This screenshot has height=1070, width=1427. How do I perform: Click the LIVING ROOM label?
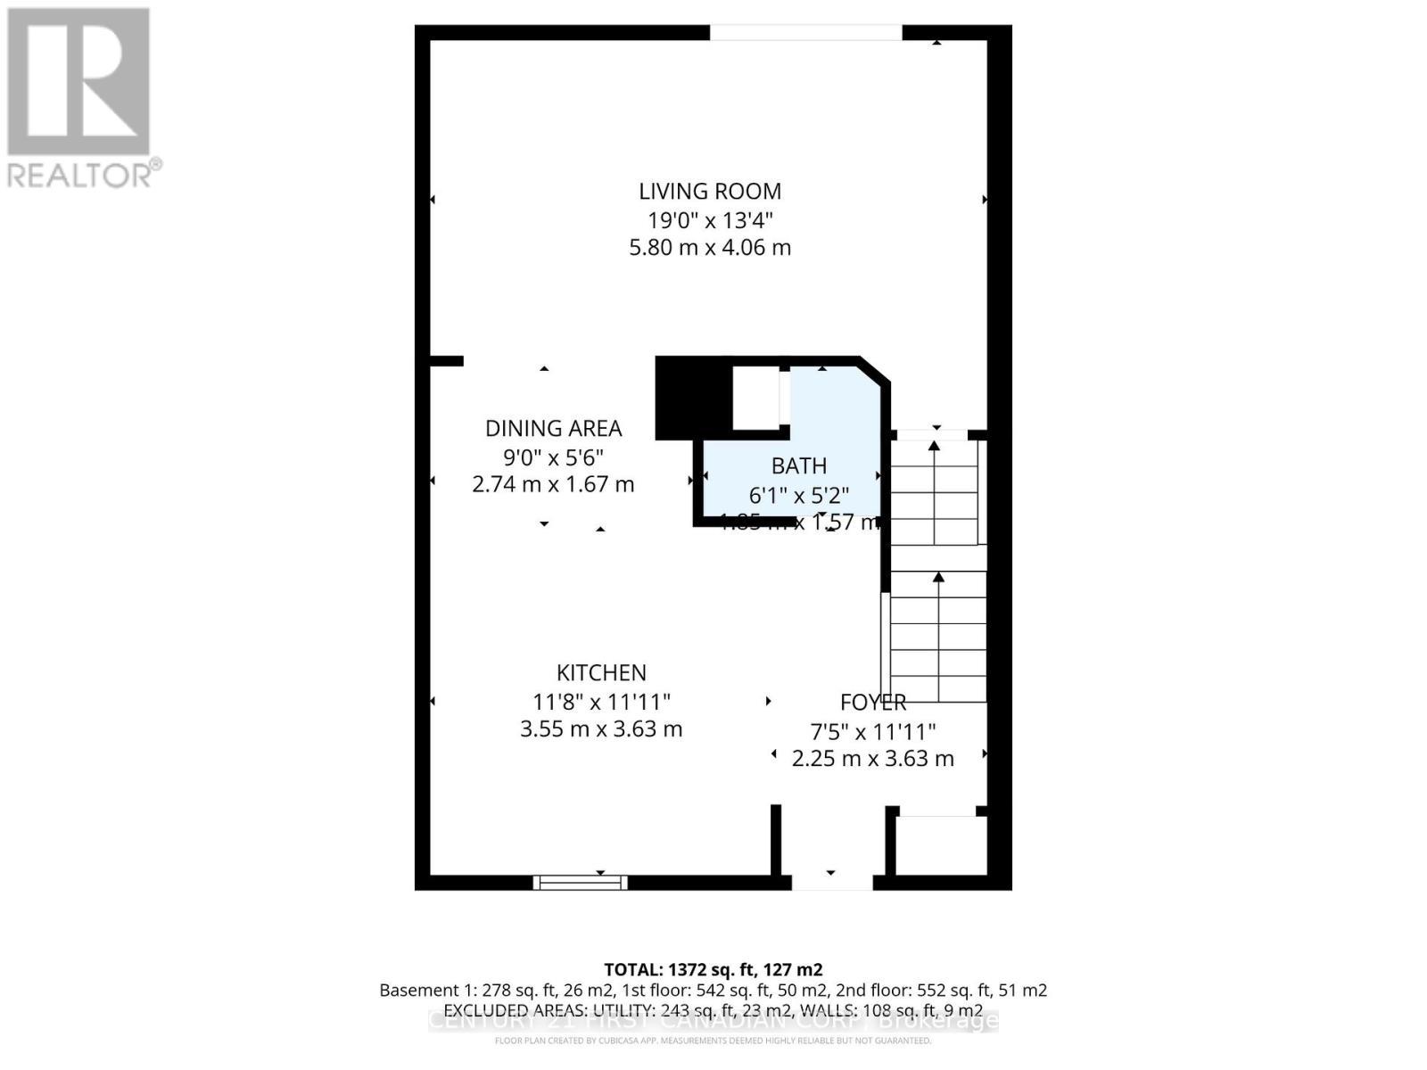click(710, 191)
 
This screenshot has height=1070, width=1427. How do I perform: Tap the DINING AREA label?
click(553, 428)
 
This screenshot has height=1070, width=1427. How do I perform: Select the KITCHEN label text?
click(601, 672)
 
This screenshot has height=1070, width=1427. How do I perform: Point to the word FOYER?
click(873, 703)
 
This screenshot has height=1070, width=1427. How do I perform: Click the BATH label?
click(799, 465)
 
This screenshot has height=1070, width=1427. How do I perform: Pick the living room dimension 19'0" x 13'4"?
click(710, 219)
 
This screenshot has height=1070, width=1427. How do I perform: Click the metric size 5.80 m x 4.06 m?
click(710, 247)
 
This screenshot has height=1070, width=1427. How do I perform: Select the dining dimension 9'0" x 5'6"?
click(553, 457)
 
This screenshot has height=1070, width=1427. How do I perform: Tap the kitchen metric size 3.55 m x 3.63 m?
click(601, 728)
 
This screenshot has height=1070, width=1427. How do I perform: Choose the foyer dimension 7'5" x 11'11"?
click(872, 732)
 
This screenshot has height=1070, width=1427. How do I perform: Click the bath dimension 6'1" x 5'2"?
click(799, 494)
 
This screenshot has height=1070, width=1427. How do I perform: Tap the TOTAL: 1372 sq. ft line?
click(713, 969)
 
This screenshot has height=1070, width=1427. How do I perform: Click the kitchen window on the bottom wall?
click(580, 882)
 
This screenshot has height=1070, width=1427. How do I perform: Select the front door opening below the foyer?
click(831, 882)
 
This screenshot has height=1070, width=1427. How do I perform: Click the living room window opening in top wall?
click(805, 33)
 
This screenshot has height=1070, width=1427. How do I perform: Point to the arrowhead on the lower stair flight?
click(938, 578)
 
